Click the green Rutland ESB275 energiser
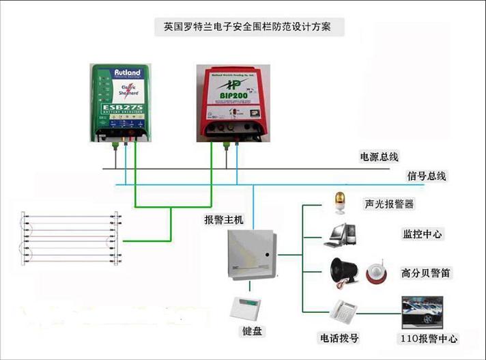coord(121,102)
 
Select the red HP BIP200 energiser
coord(233,102)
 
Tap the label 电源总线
coord(380,156)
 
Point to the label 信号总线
coord(427,176)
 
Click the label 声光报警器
coord(389,204)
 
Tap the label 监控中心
coord(423,234)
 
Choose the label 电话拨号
coord(339,337)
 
